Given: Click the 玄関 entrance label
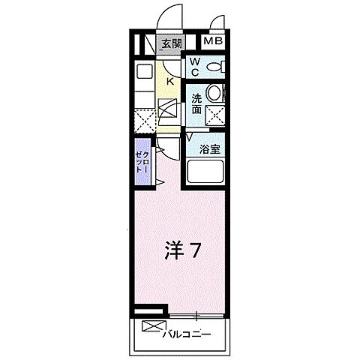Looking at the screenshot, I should [172, 43].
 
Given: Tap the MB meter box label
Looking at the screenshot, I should [214, 42].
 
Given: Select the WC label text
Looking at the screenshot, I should [193, 67].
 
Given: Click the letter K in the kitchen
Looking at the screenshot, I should [169, 81].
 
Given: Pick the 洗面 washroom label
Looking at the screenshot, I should [196, 103].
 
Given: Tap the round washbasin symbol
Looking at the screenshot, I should [216, 94].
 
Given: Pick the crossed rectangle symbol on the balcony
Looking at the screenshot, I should [151, 327].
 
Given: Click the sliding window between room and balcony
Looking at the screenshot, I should [196, 313].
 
